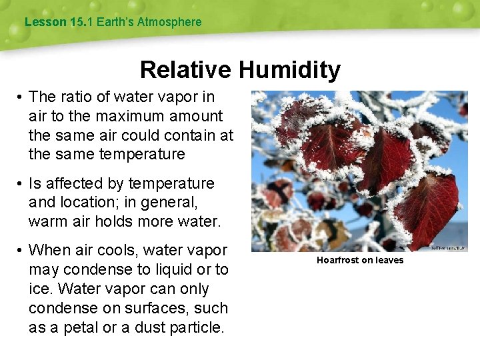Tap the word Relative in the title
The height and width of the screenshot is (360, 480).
click(x=185, y=70)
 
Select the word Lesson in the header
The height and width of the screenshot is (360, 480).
click(x=45, y=22)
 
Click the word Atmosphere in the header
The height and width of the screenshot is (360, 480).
click(x=169, y=22)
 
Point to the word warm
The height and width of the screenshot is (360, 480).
click(x=47, y=221)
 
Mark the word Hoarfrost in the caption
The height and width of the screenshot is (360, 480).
click(x=337, y=260)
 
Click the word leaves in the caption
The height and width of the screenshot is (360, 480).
click(x=389, y=260)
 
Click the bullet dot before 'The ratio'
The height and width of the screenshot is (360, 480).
click(x=21, y=97)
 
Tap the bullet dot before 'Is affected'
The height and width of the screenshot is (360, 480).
click(x=21, y=183)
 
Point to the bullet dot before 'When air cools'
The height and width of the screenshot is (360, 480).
click(x=21, y=251)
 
